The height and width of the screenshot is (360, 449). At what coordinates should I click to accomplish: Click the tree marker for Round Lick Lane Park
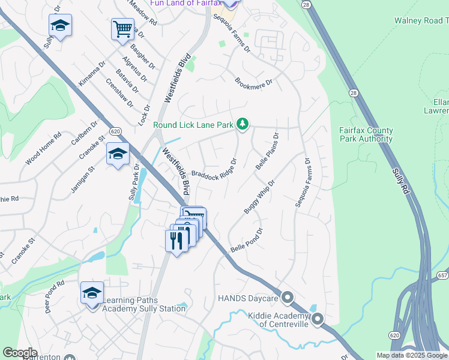coord(243,124)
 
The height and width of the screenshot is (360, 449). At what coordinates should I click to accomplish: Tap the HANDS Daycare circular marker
coord(288,298)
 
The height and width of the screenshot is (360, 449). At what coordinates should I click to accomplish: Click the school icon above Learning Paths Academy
coord(92,293)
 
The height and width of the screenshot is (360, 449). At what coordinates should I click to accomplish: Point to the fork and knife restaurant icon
coord(176,240)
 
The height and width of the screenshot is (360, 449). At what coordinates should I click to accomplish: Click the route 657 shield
coord(442,275)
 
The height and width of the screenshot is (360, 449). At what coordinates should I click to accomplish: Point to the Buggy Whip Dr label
coord(259,196)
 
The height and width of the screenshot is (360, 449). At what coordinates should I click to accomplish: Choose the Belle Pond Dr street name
coord(247,241)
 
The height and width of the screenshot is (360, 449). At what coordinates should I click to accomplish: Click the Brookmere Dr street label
coord(253,82)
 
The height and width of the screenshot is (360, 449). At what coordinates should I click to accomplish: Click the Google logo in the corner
coord(20,353)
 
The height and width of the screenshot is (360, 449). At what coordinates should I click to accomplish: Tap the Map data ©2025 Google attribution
coord(412,355)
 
